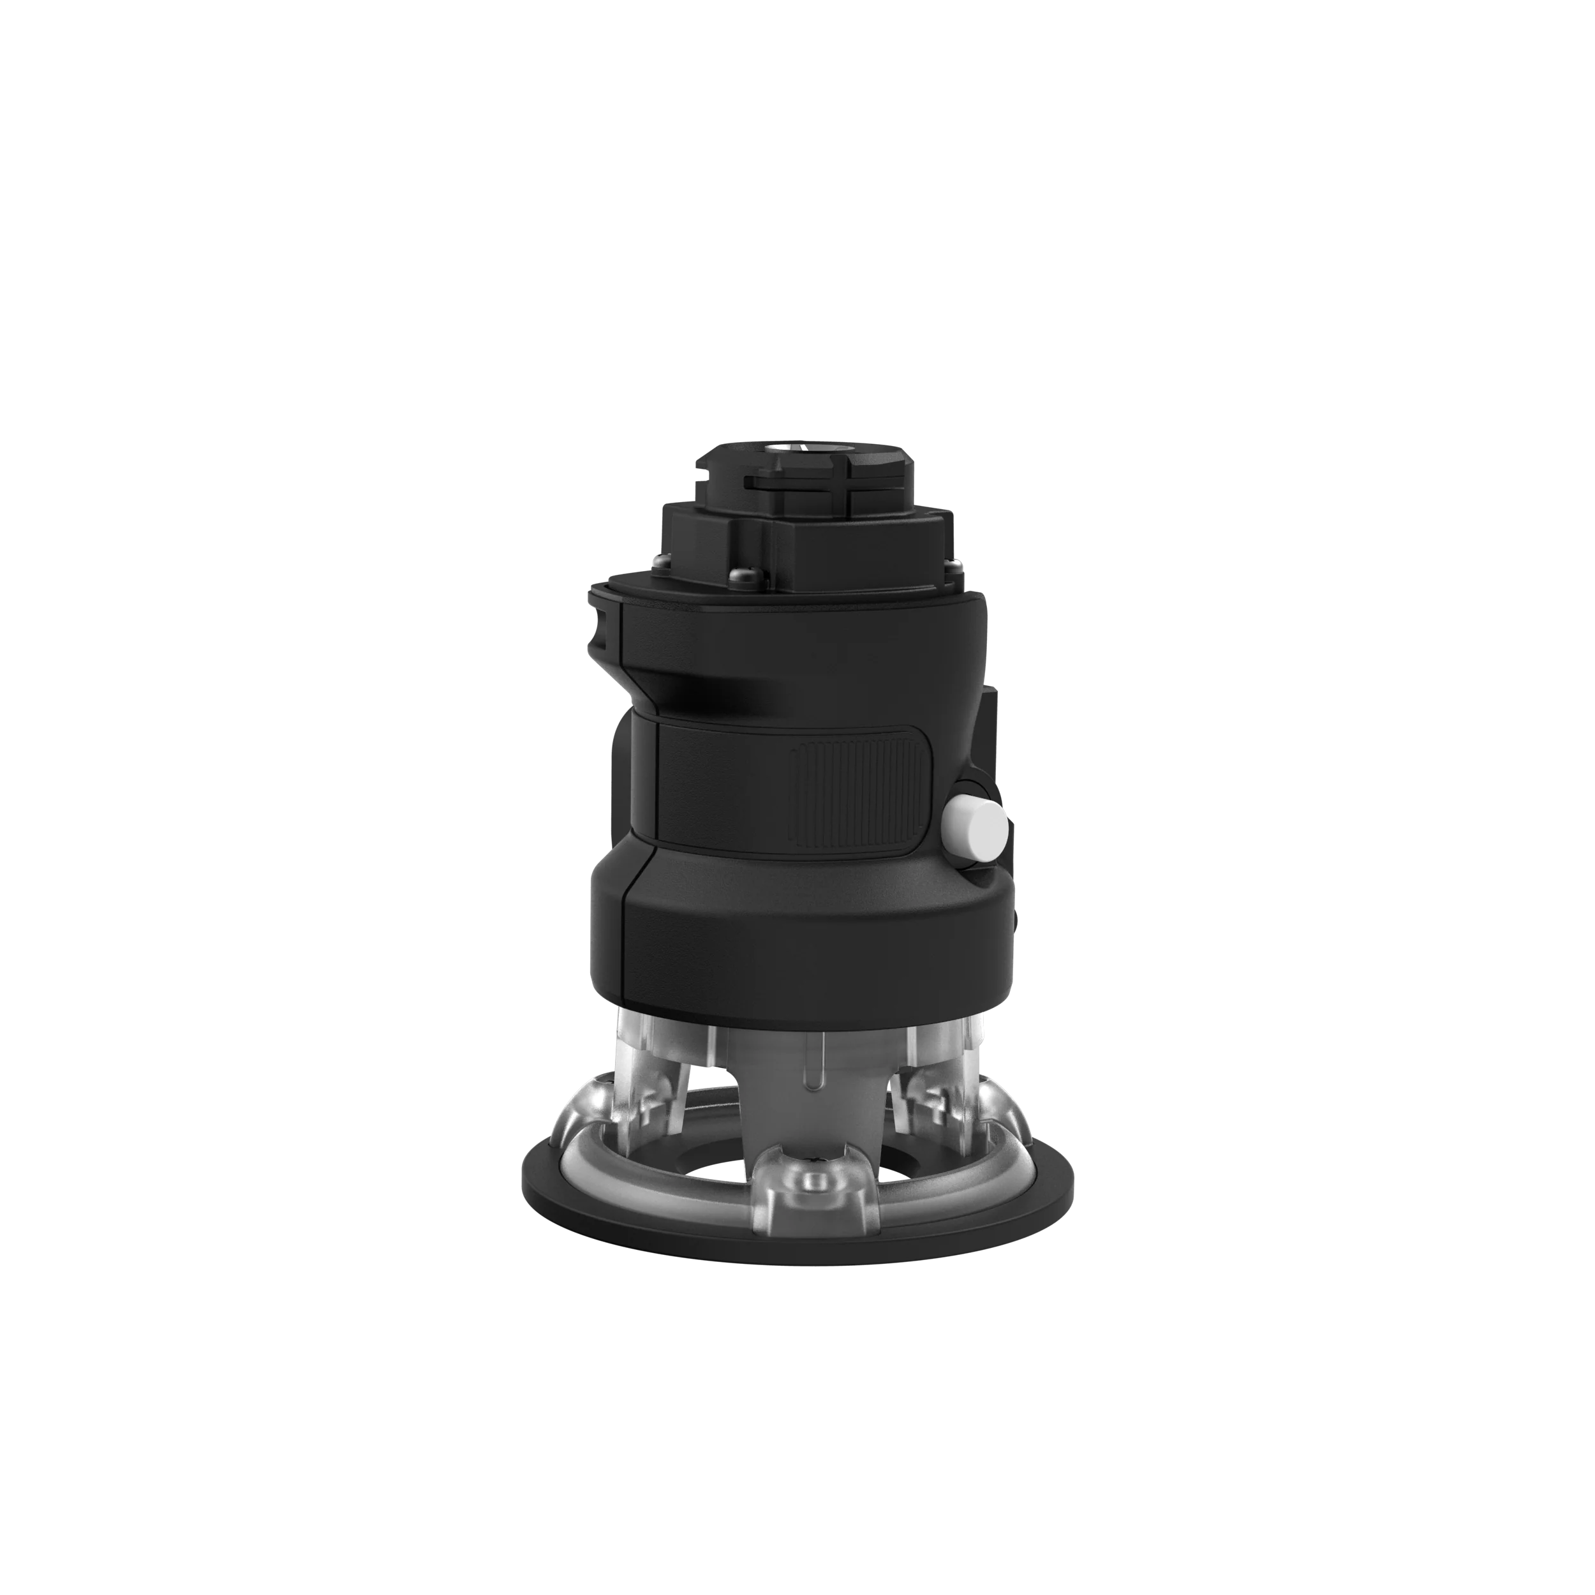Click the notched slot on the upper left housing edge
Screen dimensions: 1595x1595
point(600,632)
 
